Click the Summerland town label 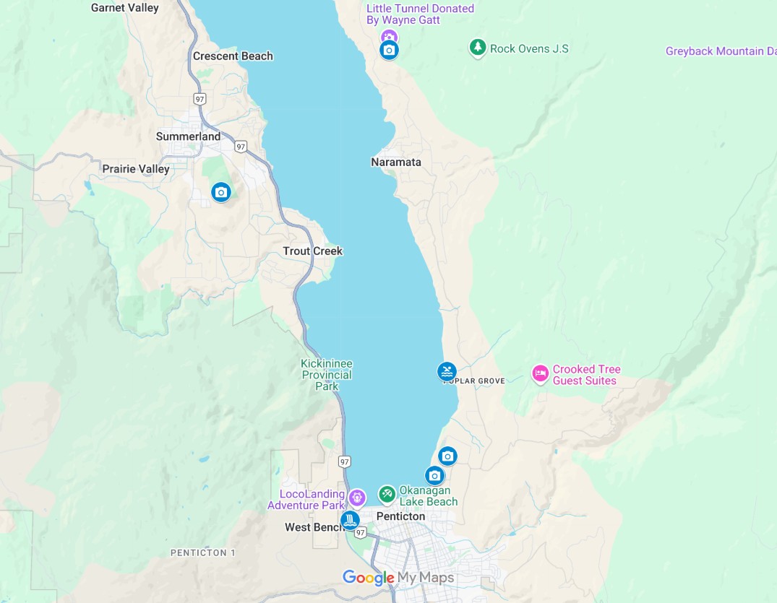[x=189, y=136]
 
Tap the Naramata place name [x=396, y=162]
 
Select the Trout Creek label [x=312, y=251]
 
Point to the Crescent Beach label [x=233, y=56]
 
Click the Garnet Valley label [x=124, y=8]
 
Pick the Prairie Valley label [x=136, y=169]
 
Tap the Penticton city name [x=400, y=517]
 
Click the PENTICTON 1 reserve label [x=203, y=553]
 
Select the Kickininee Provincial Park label [x=327, y=375]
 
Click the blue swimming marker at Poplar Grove [x=447, y=372]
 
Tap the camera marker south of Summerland [x=220, y=192]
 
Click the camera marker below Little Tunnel [x=389, y=50]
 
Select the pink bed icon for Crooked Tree [x=540, y=374]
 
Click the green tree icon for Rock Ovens [x=477, y=48]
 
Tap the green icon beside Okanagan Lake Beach [x=387, y=494]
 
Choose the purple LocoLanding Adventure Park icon [x=357, y=498]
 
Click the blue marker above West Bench [x=350, y=520]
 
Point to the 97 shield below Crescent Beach [x=199, y=98]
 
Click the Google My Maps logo [x=398, y=578]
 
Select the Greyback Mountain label [x=721, y=51]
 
